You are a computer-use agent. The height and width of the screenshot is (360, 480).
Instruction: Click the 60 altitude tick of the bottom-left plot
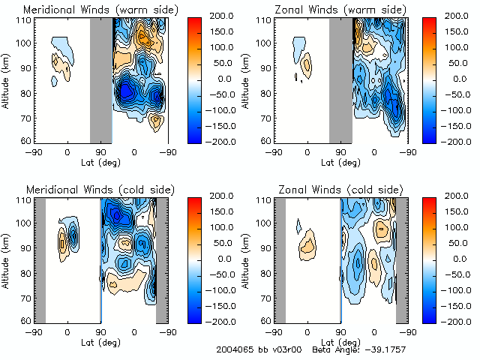coord(26,320)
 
